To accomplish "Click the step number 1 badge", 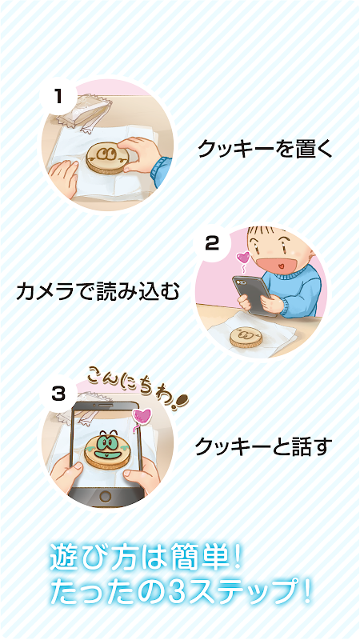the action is (x=58, y=97).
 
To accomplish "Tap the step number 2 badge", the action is (x=212, y=244).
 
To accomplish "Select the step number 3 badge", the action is (x=58, y=394).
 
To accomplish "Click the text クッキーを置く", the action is (x=266, y=149).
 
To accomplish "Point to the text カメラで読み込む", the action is (x=98, y=291).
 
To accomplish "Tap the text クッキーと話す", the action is (x=262, y=446).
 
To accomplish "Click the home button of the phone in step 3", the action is (x=106, y=497).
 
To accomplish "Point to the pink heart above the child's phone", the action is (x=243, y=258).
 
